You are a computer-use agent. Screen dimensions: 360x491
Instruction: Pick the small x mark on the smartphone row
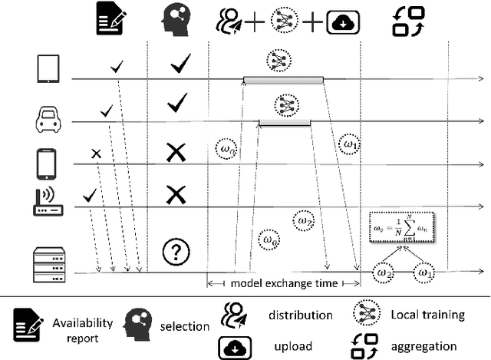(x=96, y=154)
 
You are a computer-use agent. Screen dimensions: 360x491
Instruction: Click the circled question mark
(x=176, y=251)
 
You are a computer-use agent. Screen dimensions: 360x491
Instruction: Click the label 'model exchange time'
(x=285, y=283)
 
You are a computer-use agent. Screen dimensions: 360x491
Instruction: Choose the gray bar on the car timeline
(x=285, y=122)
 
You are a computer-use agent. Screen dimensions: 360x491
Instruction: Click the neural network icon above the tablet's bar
(x=276, y=59)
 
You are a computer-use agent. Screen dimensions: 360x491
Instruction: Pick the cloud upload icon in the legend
(x=233, y=345)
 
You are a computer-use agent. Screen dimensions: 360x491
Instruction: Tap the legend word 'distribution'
(x=301, y=315)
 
